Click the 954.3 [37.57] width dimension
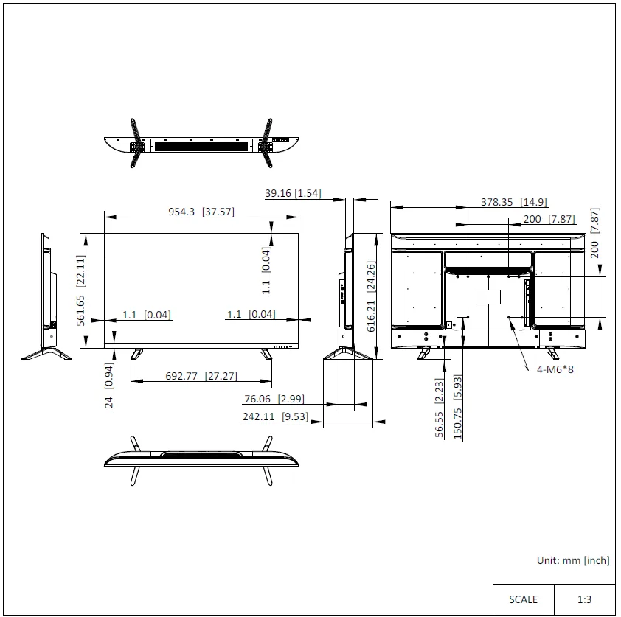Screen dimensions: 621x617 pos(201,212)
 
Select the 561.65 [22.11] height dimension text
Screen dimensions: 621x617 pos(81,290)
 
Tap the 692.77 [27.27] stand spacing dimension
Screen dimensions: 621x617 pos(201,376)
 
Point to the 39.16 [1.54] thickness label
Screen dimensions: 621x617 pos(293,193)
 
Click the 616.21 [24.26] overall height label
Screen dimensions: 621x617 pos(371,296)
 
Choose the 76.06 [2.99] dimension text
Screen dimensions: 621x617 pos(274,399)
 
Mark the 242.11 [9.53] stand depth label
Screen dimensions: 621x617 pos(276,416)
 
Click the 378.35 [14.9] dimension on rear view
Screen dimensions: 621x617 pos(514,202)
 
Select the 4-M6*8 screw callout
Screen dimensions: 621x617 pos(555,369)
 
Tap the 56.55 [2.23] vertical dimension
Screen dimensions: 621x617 pos(440,408)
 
